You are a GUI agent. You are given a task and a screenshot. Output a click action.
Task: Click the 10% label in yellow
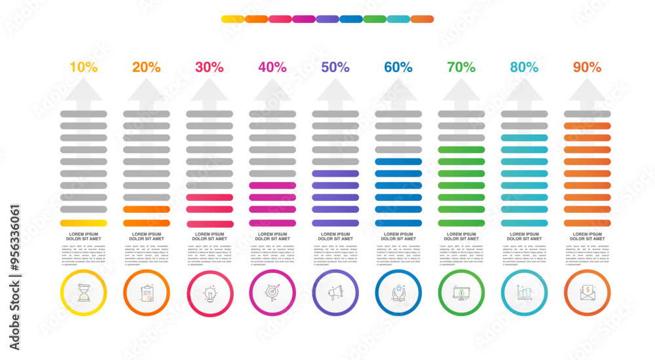[83, 67]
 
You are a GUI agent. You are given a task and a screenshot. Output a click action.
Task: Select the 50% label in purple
[335, 67]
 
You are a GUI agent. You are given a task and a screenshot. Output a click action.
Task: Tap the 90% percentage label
[587, 67]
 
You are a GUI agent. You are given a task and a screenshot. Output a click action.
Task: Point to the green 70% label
[461, 67]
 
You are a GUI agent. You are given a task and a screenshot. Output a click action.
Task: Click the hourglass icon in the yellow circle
[83, 293]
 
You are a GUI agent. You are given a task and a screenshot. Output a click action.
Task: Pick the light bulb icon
[210, 293]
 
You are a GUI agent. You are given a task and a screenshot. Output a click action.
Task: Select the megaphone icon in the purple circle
[335, 293]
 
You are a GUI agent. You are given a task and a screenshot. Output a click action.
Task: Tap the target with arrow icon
[272, 293]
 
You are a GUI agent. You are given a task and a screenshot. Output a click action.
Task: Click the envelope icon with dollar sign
[587, 293]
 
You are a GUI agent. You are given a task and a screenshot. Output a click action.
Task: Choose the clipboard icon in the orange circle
[147, 293]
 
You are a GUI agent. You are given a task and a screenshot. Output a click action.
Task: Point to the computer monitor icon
[461, 293]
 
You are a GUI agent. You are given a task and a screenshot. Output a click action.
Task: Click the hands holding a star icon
[398, 293]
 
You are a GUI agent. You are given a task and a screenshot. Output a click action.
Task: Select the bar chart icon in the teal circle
[524, 293]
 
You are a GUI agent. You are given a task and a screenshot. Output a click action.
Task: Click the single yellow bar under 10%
[83, 223]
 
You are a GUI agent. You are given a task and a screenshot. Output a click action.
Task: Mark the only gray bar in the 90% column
[587, 114]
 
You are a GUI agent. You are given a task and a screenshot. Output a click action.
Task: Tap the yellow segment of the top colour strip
[233, 19]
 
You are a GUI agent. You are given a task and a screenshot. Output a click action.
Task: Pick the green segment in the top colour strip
[375, 19]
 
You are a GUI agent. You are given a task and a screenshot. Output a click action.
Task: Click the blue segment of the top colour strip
[351, 19]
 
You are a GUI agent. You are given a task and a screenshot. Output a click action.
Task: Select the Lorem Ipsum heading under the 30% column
[210, 236]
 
